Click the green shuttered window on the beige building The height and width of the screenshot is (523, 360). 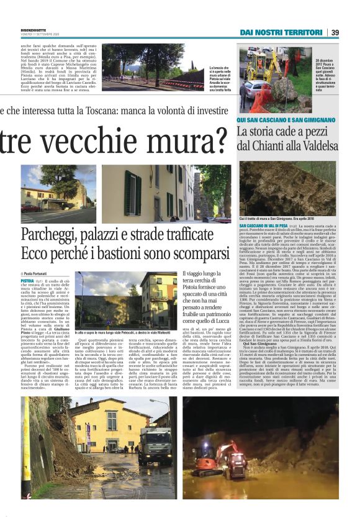[x=128, y=193]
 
